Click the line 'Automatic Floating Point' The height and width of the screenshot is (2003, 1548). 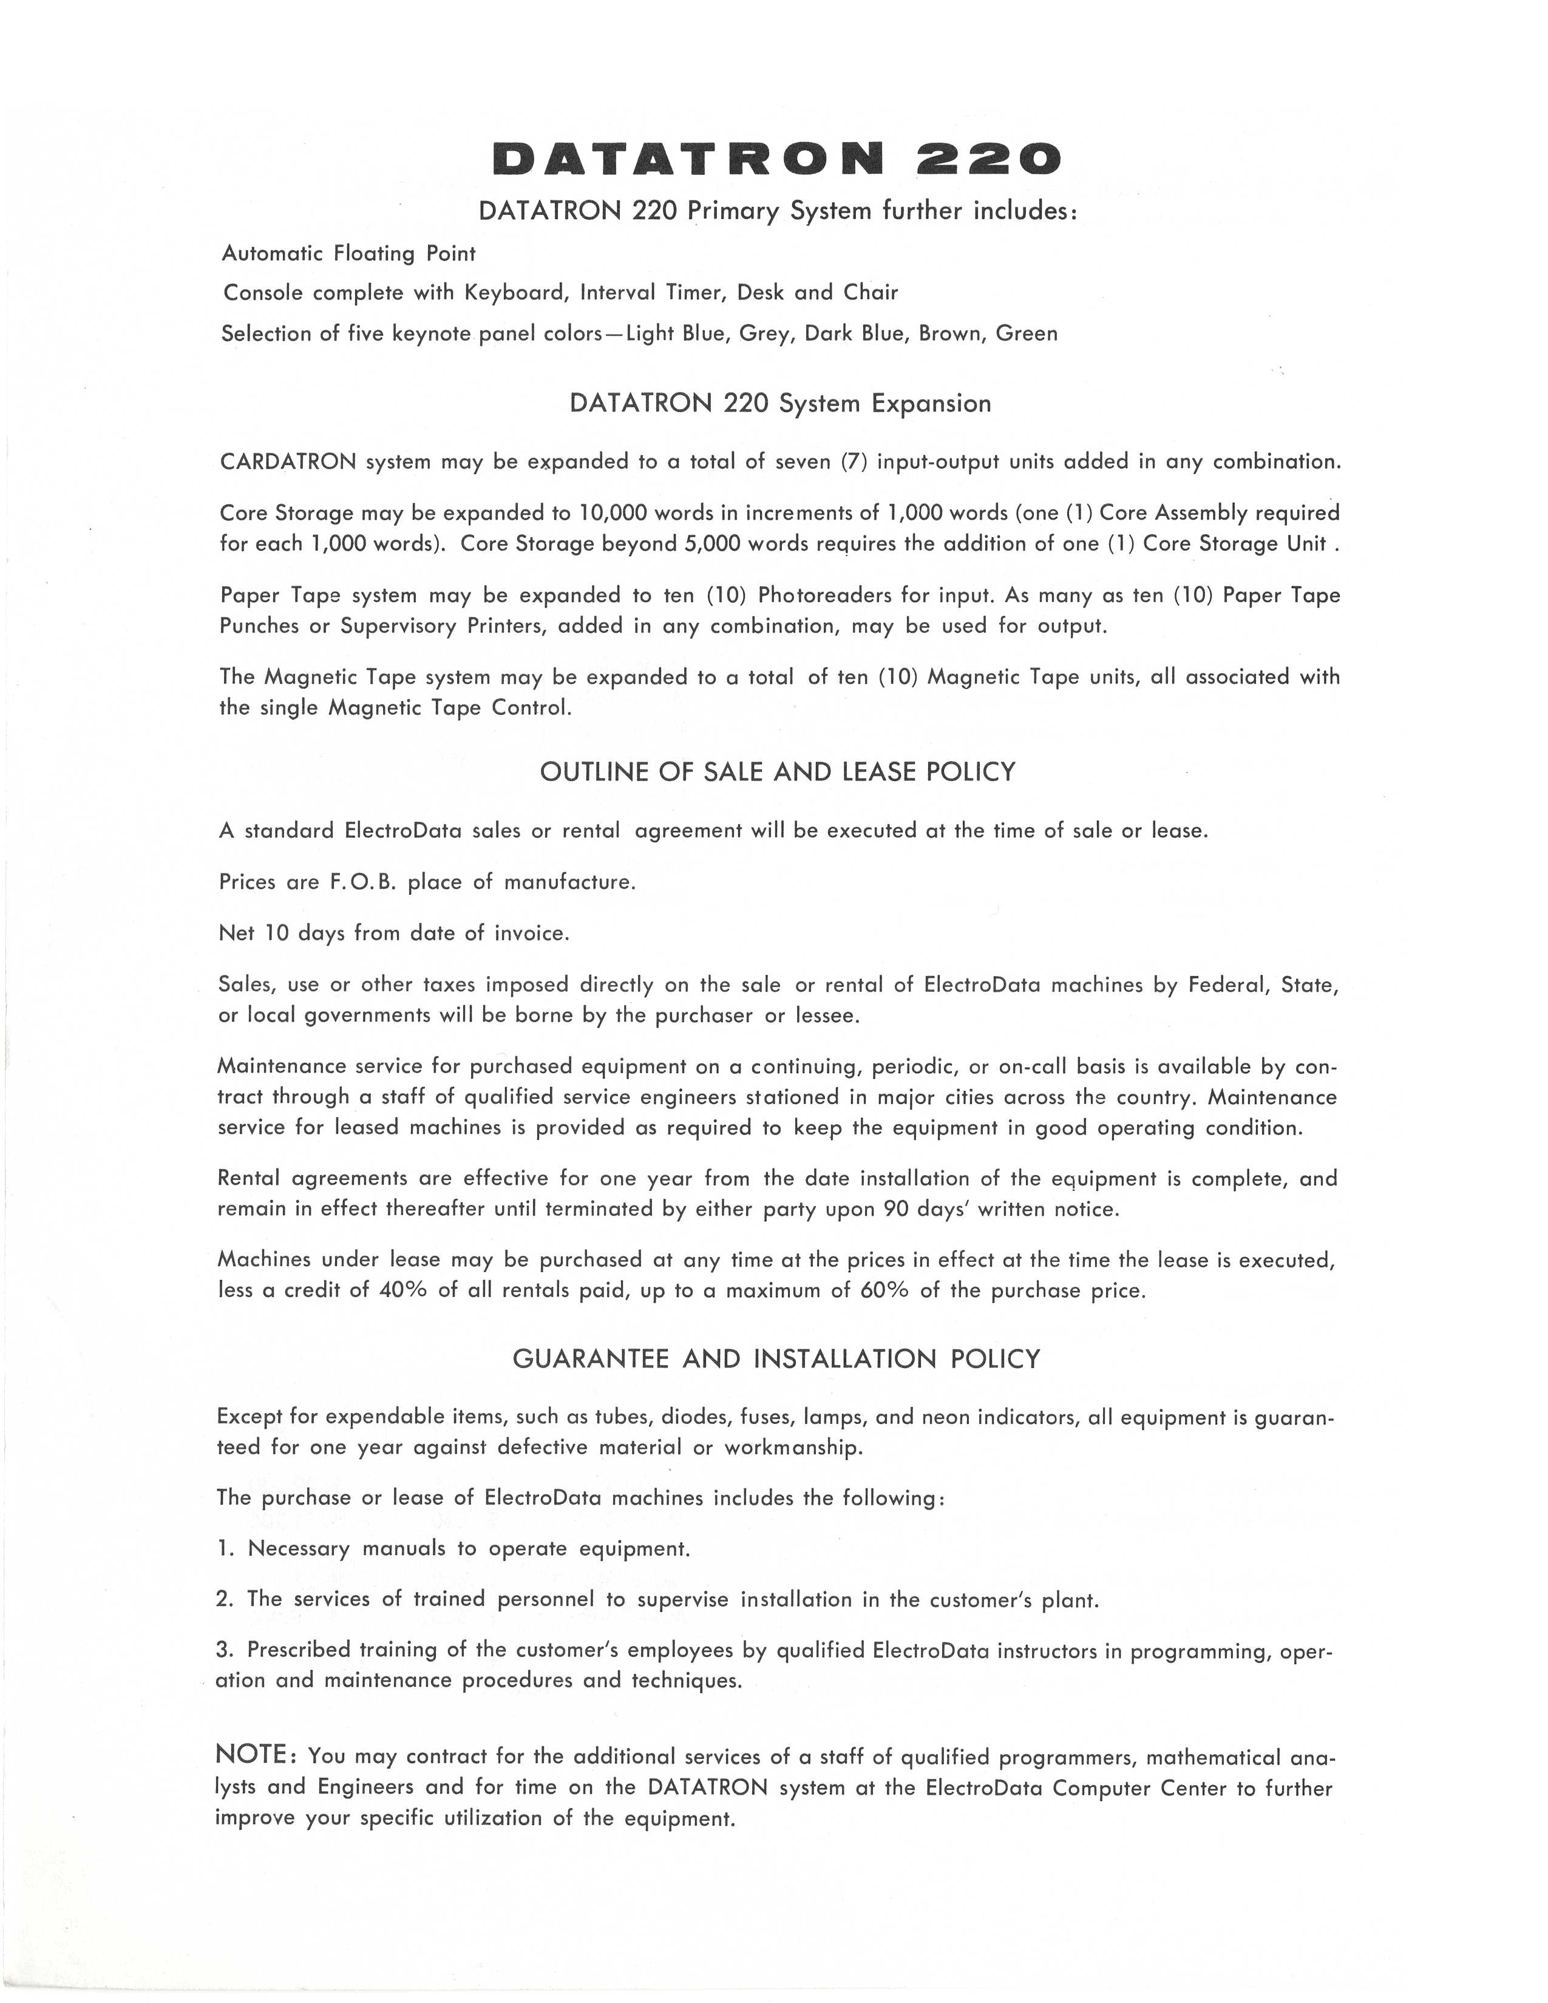point(348,253)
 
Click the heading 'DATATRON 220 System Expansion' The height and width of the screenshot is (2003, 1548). point(779,404)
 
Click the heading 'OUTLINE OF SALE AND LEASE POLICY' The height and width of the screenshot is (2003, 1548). point(778,772)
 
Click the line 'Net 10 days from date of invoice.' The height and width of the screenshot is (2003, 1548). point(395,934)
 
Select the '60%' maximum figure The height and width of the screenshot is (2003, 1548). point(884,1290)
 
